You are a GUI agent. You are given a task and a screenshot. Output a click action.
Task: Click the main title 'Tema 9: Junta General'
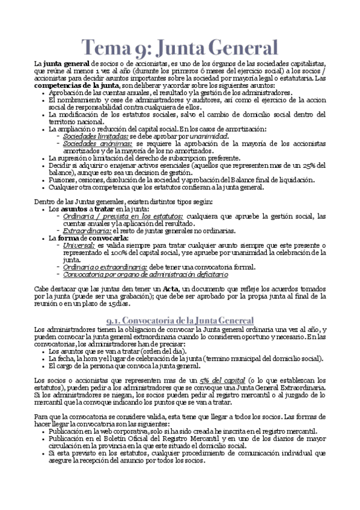point(180,47)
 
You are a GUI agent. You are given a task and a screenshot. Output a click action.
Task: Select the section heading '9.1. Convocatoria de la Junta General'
point(180,320)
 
